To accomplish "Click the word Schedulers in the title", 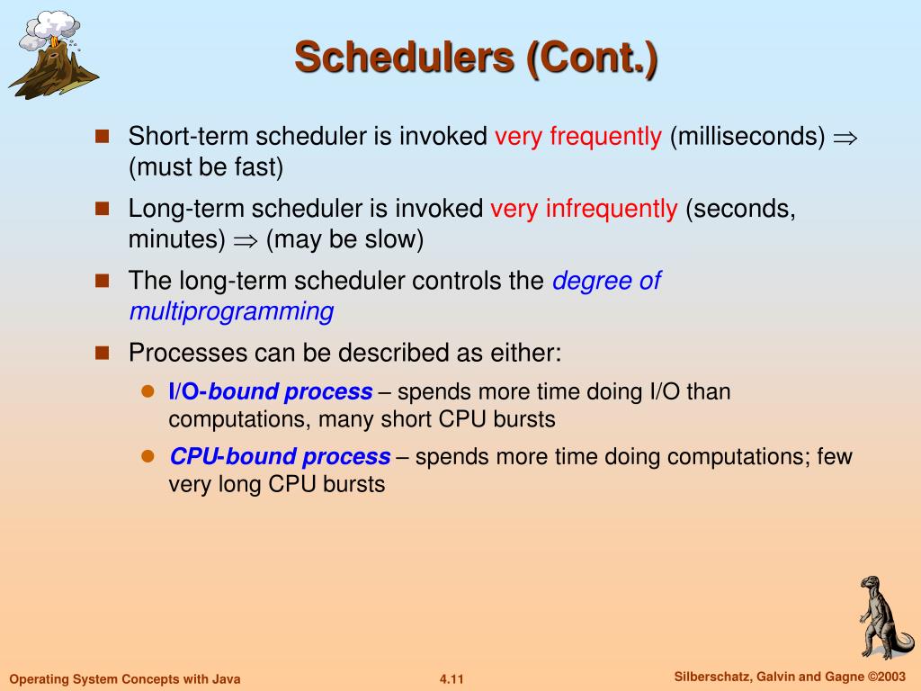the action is [x=404, y=58].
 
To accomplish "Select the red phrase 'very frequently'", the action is [x=578, y=137].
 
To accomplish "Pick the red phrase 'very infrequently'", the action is [x=584, y=209].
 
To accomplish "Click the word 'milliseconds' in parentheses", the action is [x=747, y=137].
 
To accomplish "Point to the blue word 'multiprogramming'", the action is [x=231, y=311].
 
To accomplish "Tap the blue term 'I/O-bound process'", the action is [x=271, y=391].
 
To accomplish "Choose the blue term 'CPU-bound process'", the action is [x=281, y=456].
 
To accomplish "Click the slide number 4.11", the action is [x=452, y=679].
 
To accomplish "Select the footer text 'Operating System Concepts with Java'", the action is [x=125, y=679].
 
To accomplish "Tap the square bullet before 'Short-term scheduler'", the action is [x=103, y=137].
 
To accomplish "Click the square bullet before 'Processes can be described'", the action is [x=103, y=353].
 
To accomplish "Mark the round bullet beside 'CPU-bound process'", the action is [x=148, y=456].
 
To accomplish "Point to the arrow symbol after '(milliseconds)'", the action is [x=845, y=139].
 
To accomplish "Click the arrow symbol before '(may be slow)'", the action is [x=246, y=241].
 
